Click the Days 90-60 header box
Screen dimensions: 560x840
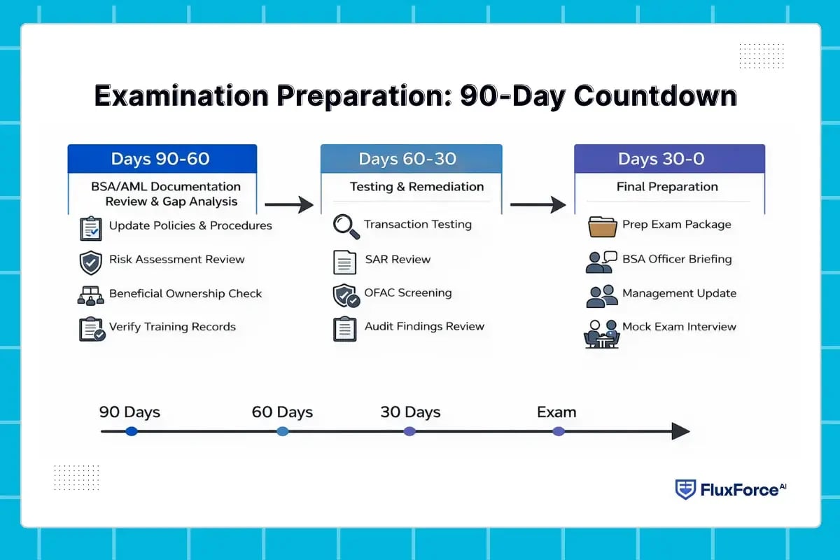(x=162, y=159)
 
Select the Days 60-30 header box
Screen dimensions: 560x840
(x=411, y=159)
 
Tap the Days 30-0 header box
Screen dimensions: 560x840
(x=669, y=159)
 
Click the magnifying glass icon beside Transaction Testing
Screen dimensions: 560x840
(x=346, y=225)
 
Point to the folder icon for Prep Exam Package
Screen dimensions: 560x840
(x=602, y=226)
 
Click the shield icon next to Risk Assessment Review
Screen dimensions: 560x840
(x=91, y=261)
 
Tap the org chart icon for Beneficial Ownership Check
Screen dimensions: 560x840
(x=91, y=295)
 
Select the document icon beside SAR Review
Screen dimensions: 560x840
(x=345, y=261)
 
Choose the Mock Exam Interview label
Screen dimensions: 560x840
(x=679, y=327)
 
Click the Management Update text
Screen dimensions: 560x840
(x=679, y=293)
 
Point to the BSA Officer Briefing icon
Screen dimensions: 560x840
(x=601, y=261)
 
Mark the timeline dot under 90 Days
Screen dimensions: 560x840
(x=131, y=431)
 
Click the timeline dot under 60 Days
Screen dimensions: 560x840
(x=282, y=431)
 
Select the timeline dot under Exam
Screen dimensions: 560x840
(x=558, y=431)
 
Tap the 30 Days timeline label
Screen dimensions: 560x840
(x=410, y=412)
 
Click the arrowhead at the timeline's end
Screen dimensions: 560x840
(x=680, y=431)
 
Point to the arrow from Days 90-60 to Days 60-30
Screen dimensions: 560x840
(x=288, y=204)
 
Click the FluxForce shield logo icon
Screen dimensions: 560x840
(x=685, y=489)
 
